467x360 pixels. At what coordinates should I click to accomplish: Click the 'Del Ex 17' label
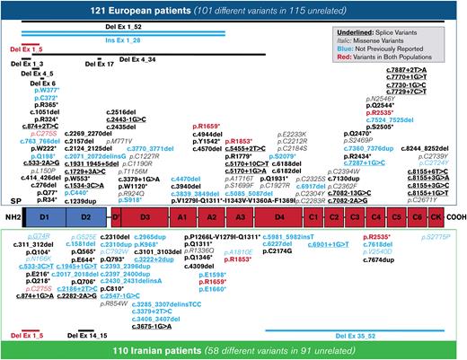(x=98, y=64)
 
